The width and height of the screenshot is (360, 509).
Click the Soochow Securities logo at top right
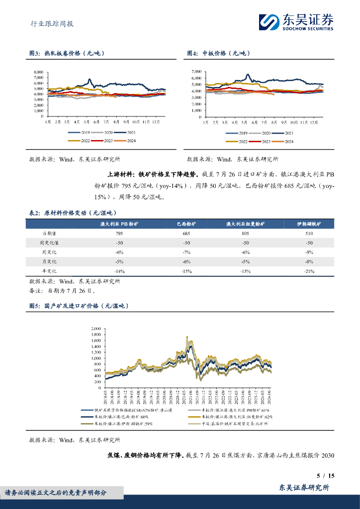pyautogui.click(x=296, y=22)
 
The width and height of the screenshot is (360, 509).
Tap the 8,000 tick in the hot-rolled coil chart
pyautogui.click(x=38, y=73)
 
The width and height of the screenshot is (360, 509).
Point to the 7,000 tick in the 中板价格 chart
pyautogui.click(x=195, y=72)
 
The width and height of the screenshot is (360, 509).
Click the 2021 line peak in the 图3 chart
pyautogui.click(x=89, y=79)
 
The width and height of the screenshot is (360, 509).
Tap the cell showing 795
pyautogui.click(x=119, y=234)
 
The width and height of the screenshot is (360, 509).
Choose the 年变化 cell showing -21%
pyautogui.click(x=309, y=271)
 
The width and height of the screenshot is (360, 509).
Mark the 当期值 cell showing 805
pyautogui.click(x=245, y=234)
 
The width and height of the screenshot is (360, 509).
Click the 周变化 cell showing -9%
pyautogui.click(x=309, y=252)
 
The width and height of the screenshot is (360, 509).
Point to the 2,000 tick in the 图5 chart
pyautogui.click(x=95, y=329)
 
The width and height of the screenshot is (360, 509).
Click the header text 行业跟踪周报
pyautogui.click(x=48, y=23)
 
